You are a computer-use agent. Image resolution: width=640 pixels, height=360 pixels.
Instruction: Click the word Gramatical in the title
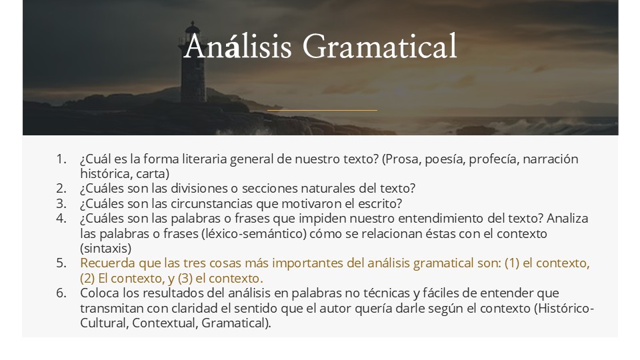pyautogui.click(x=379, y=46)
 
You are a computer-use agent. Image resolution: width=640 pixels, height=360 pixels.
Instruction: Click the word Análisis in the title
pyautogui.click(x=237, y=46)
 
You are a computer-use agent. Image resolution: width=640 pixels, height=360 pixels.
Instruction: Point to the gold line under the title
pyautogui.click(x=322, y=110)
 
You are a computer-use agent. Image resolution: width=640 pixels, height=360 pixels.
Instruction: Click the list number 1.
pyautogui.click(x=61, y=159)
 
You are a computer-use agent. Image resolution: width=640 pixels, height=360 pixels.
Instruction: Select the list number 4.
pyautogui.click(x=61, y=219)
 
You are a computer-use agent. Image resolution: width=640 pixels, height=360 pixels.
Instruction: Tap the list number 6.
pyautogui.click(x=61, y=293)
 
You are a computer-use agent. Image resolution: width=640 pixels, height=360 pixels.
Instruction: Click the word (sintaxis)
pyautogui.click(x=106, y=249)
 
